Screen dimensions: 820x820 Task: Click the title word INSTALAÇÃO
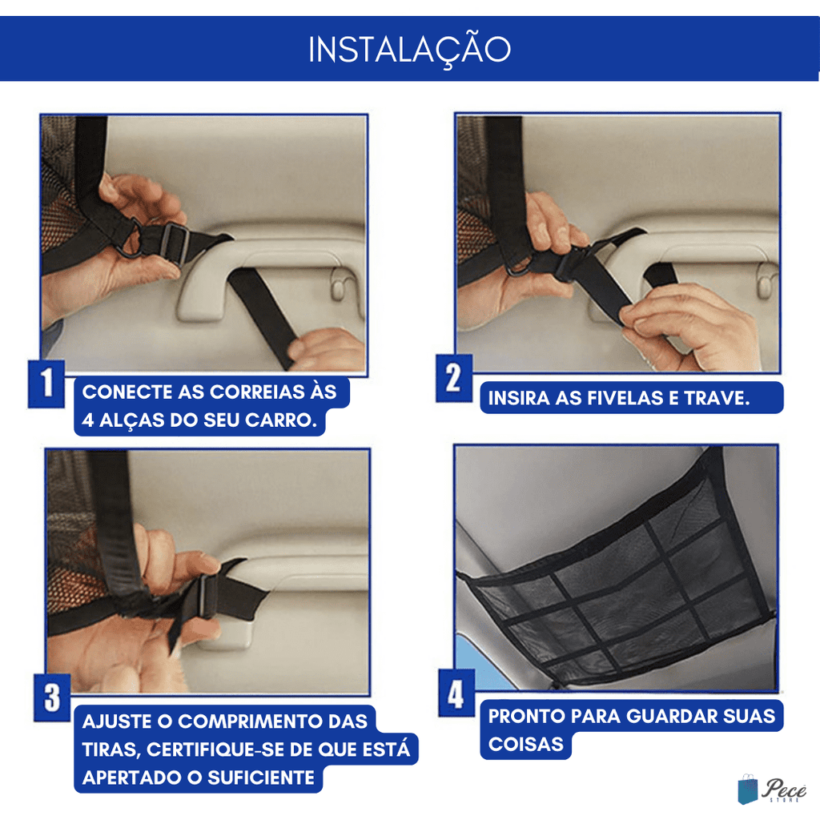coord(409,50)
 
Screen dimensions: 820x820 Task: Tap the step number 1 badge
coord(46,384)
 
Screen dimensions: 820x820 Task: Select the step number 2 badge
coord(454,378)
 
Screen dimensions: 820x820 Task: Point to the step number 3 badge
coord(52,697)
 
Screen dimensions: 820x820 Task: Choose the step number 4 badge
coord(456,693)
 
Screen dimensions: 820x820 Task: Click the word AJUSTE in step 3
coord(118,722)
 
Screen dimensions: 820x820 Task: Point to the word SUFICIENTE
coord(261,778)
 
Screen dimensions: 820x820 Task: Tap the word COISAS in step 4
coord(525,744)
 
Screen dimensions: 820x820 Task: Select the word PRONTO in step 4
coord(527,717)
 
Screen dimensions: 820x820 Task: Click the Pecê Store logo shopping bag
coord(748,790)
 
